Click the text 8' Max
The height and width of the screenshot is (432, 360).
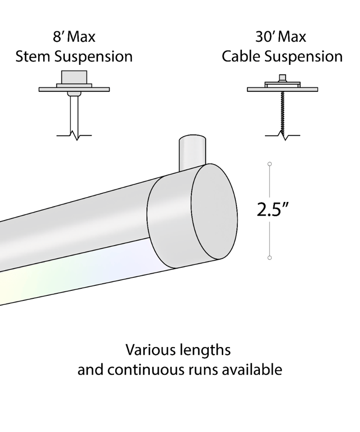click(x=74, y=37)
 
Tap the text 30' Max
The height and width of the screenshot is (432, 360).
click(x=281, y=37)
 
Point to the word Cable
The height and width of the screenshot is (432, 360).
click(x=241, y=56)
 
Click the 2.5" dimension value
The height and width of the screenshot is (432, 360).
click(x=273, y=209)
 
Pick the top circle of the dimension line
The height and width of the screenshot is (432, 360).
click(x=269, y=164)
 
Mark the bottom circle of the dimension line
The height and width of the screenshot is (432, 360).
click(x=269, y=258)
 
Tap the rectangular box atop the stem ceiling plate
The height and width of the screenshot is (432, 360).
click(x=74, y=77)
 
